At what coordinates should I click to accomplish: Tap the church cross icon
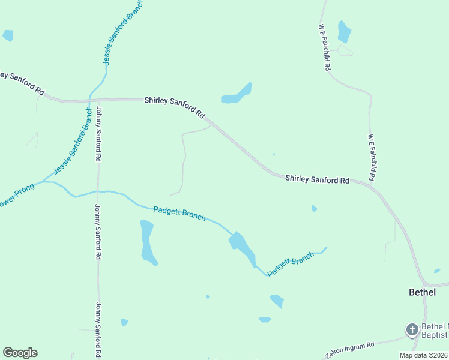412,329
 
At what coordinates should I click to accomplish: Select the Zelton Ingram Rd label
349,349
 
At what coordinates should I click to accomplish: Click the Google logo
20,353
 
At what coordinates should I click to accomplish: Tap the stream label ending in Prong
17,196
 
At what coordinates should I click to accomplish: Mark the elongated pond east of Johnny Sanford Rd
148,242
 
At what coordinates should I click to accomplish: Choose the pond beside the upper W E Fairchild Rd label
344,32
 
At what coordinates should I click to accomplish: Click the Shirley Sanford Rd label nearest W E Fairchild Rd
317,179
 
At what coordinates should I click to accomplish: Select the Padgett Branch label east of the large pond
291,264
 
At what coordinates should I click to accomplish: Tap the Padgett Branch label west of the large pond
179,213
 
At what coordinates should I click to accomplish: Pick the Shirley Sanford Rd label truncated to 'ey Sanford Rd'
23,83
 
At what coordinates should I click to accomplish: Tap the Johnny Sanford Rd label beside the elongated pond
97,232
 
